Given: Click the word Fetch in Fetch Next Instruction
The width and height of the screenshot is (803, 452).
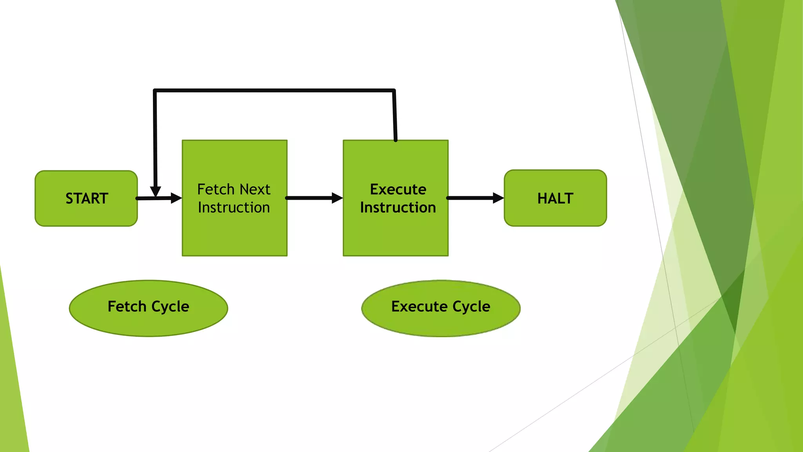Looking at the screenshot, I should pyautogui.click(x=216, y=190).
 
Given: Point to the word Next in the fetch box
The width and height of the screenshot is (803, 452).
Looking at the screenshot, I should pyautogui.click(x=255, y=190).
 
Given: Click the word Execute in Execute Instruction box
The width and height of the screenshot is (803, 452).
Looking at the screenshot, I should pyautogui.click(x=398, y=190).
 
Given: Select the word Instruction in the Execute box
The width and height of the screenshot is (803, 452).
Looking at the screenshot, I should pyautogui.click(x=398, y=208).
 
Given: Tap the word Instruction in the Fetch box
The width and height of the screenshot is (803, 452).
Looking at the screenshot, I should pyautogui.click(x=234, y=208).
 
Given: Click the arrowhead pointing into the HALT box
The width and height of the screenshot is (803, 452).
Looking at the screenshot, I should pyautogui.click(x=498, y=198).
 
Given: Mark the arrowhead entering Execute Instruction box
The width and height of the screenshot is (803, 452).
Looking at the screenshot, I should pyautogui.click(x=337, y=198).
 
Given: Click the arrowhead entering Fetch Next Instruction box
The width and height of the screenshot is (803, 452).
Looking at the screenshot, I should pyautogui.click(x=176, y=198).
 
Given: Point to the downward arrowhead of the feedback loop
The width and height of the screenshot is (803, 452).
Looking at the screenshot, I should pyautogui.click(x=156, y=191).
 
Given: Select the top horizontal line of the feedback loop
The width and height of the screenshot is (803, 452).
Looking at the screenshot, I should pyautogui.click(x=274, y=91).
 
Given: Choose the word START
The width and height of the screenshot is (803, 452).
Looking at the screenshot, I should pyautogui.click(x=87, y=199).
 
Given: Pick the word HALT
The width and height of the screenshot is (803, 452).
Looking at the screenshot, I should pyautogui.click(x=555, y=199).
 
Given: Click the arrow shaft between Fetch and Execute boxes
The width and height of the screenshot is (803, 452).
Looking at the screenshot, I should pyautogui.click(x=310, y=198).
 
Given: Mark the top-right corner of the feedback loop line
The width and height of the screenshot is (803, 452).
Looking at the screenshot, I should pyautogui.click(x=394, y=91).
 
